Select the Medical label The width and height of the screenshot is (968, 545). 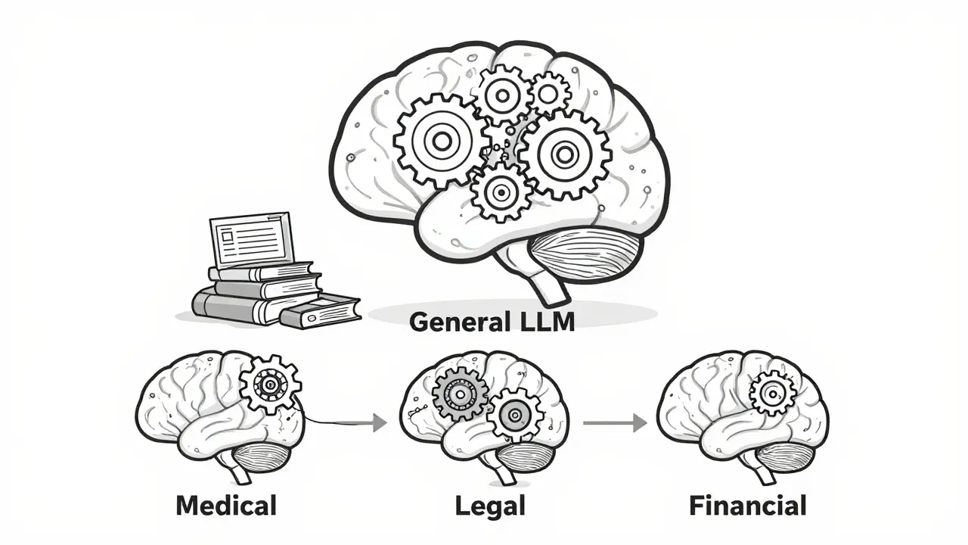(x=225, y=505)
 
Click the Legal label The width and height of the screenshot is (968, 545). (x=490, y=506)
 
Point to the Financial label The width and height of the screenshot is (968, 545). (x=748, y=505)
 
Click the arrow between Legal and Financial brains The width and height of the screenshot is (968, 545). (x=614, y=423)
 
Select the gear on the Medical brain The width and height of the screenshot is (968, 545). (x=269, y=385)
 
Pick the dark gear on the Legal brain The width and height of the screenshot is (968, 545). (x=460, y=394)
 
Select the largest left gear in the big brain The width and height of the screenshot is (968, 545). (x=441, y=140)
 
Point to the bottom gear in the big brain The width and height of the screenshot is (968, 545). (x=500, y=192)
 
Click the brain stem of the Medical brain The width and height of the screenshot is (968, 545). (x=241, y=473)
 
